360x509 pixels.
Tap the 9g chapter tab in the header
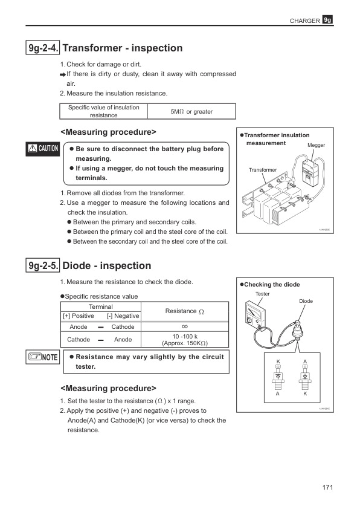tap(328, 20)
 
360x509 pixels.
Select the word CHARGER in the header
tap(305, 21)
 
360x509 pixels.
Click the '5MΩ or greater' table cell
tap(191, 111)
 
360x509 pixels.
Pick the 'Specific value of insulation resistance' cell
tap(103, 111)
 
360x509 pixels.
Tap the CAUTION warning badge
tap(42, 149)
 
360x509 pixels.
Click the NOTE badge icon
tap(42, 357)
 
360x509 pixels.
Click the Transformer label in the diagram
tap(263, 170)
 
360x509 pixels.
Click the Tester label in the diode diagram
tap(262, 294)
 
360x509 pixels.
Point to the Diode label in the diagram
tap(306, 300)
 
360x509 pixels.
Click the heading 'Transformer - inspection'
tap(123, 48)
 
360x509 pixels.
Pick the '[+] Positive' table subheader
tap(78, 316)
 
